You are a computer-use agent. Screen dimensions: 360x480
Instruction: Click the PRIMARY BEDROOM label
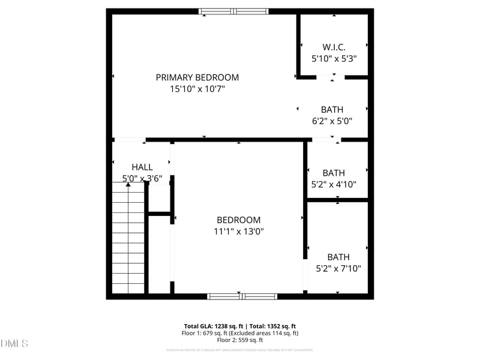[197, 77]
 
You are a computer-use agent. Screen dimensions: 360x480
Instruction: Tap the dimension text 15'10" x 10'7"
[197, 89]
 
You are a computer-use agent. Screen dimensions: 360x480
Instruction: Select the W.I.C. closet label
[334, 47]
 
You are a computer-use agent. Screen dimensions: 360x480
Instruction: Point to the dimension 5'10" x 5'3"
[334, 59]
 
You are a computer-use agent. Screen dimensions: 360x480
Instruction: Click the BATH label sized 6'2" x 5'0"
[332, 109]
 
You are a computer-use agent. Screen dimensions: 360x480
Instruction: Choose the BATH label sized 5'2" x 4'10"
[334, 173]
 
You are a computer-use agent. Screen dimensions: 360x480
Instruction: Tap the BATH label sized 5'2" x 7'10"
[338, 257]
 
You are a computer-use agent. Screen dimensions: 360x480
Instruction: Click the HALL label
[142, 167]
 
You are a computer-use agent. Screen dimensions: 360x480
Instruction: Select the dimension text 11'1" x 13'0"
[239, 231]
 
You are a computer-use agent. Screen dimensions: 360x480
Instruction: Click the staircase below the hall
[128, 240]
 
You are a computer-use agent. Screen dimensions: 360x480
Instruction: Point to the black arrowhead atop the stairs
[128, 185]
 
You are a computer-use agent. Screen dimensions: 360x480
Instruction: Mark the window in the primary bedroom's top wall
[234, 11]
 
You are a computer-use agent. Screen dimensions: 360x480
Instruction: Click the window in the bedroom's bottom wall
[242, 296]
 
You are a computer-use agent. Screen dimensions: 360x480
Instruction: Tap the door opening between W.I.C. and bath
[331, 77]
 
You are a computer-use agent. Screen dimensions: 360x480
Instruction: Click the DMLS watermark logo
[14, 343]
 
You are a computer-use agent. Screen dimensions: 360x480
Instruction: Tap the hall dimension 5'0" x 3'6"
[142, 178]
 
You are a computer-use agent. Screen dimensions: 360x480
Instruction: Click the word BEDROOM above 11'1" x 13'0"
[239, 220]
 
